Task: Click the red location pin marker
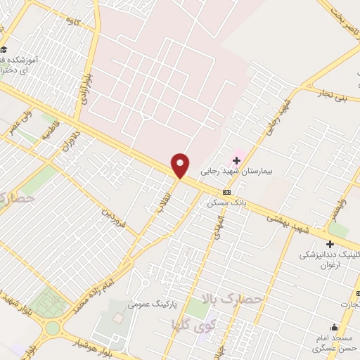pyautogui.click(x=181, y=165)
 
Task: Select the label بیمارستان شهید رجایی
pyautogui.click(x=240, y=171)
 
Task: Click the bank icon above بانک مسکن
pyautogui.click(x=226, y=192)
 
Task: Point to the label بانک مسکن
pyautogui.click(x=225, y=202)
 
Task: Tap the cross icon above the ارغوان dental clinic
pyautogui.click(x=330, y=244)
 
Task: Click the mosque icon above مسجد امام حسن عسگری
pyautogui.click(x=334, y=328)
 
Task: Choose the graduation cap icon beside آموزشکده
pyautogui.click(x=4, y=49)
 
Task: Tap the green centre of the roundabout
pyautogui.click(x=53, y=328)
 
